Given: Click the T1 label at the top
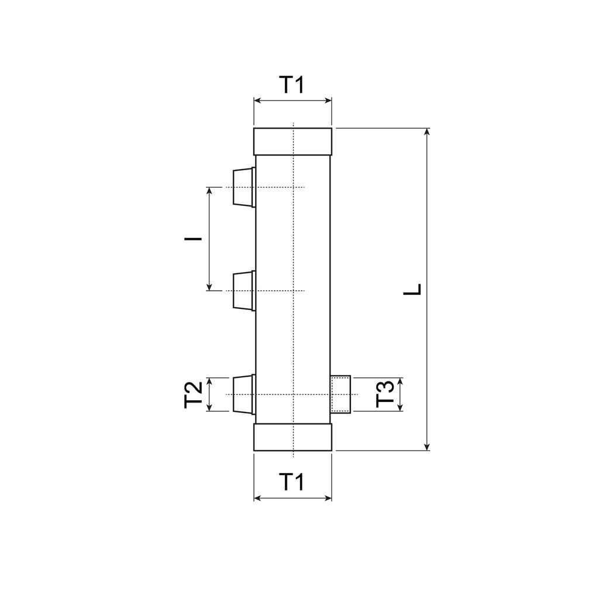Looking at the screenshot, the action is click(x=292, y=85).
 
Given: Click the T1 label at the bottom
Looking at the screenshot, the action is click(x=292, y=482).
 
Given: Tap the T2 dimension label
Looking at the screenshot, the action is click(x=193, y=395).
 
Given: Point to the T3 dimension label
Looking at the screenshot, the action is click(x=385, y=394).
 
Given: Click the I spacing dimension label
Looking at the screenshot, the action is click(x=193, y=239).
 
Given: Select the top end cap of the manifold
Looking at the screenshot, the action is click(x=292, y=142).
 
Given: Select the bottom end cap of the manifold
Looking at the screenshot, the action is click(x=292, y=437).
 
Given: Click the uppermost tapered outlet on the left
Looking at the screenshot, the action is click(x=244, y=187).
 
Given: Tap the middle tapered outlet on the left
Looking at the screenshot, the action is click(x=244, y=291).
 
